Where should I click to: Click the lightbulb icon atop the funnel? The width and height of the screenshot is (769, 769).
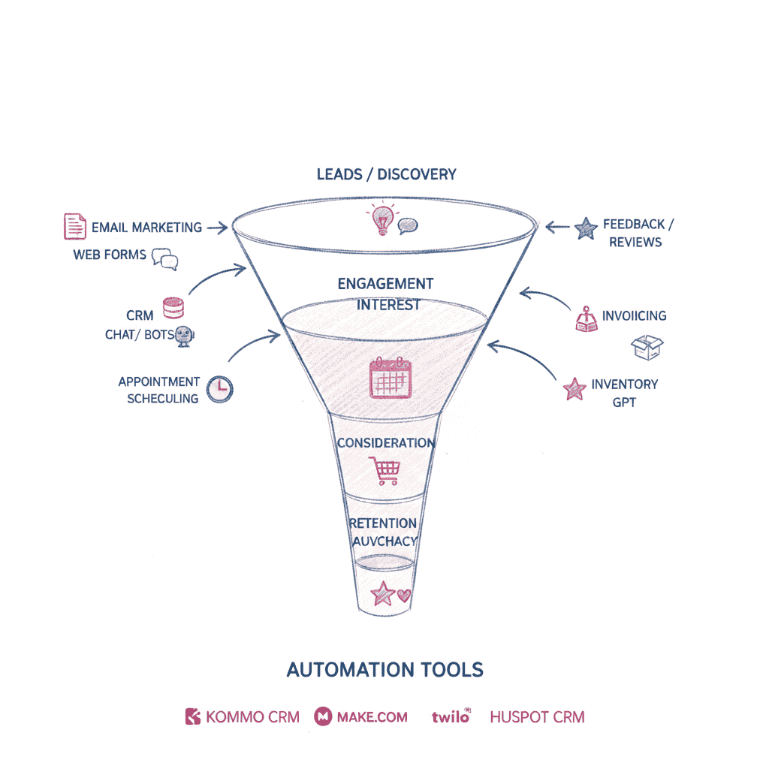click(380, 219)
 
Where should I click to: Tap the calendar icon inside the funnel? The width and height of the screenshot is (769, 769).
click(391, 378)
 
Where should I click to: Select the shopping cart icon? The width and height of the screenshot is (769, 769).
click(386, 471)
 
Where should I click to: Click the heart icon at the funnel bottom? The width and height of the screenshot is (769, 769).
click(406, 596)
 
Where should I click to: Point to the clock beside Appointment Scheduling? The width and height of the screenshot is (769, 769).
click(220, 388)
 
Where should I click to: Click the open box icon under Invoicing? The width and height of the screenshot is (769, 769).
click(647, 347)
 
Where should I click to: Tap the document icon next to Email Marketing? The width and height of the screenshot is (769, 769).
click(74, 226)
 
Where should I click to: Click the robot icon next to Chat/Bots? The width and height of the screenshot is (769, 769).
click(184, 336)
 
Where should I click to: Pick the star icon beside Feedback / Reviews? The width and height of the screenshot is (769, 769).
click(586, 228)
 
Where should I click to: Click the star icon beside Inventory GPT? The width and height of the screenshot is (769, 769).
click(574, 389)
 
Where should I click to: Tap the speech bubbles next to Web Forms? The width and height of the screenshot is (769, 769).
click(165, 259)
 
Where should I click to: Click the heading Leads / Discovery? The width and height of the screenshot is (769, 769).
click(386, 174)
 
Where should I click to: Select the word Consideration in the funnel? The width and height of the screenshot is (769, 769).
click(385, 443)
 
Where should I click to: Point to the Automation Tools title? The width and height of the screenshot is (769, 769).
click(385, 670)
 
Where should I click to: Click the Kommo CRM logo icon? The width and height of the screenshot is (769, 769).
click(193, 716)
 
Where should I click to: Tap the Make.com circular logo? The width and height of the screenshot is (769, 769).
click(324, 716)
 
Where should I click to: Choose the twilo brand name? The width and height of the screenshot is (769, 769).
click(451, 716)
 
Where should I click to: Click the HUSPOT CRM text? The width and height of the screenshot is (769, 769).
click(537, 716)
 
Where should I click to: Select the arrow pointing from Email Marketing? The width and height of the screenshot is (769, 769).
click(217, 227)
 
